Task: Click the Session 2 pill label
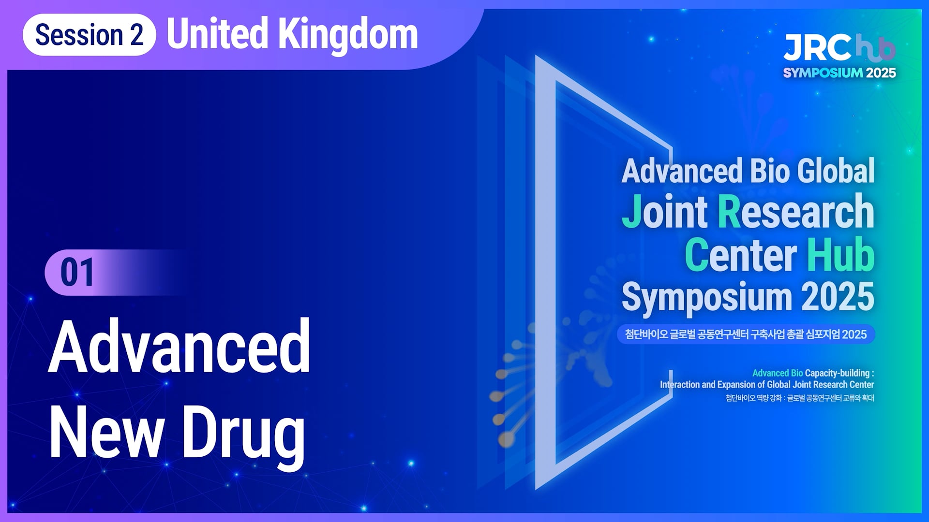pyautogui.click(x=89, y=35)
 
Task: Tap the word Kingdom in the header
pyautogui.click(x=348, y=34)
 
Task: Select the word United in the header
pyautogui.click(x=218, y=34)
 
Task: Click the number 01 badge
pyautogui.click(x=77, y=273)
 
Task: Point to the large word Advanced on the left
pyautogui.click(x=180, y=346)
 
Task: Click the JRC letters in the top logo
pyautogui.click(x=818, y=47)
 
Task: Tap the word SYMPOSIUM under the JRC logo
pyautogui.click(x=823, y=73)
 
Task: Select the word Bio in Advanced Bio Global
pyautogui.click(x=770, y=171)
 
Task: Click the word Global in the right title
pyautogui.click(x=836, y=171)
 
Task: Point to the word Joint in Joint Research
pyautogui.click(x=665, y=211)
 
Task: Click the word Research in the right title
pyautogui.click(x=796, y=211)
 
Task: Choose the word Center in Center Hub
pyautogui.click(x=741, y=255)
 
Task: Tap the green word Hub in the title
pyautogui.click(x=840, y=255)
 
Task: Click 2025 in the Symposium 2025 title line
pyautogui.click(x=838, y=296)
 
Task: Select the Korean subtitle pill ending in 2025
pyautogui.click(x=746, y=334)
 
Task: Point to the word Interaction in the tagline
pyautogui.click(x=679, y=385)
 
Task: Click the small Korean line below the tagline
pyautogui.click(x=800, y=398)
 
